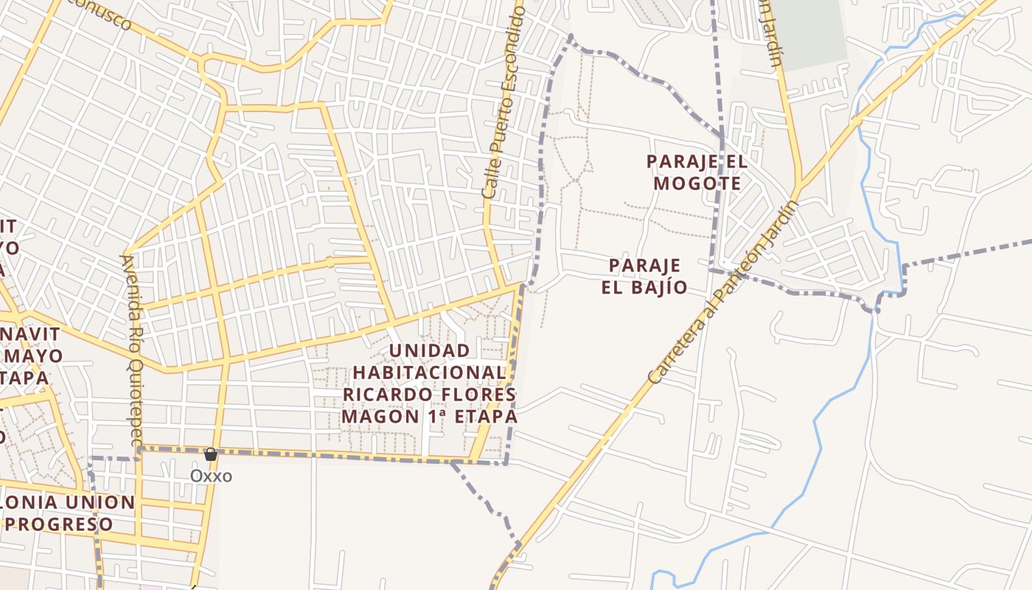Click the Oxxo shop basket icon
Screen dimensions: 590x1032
coord(211,454)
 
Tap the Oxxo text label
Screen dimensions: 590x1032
coord(211,476)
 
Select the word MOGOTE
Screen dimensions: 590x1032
coord(697,183)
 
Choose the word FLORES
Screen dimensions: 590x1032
coord(478,395)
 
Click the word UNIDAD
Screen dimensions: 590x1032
coord(429,350)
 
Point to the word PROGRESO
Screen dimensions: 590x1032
coord(64,524)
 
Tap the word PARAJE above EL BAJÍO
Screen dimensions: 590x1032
coord(645,265)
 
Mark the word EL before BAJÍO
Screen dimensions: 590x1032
coord(613,287)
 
